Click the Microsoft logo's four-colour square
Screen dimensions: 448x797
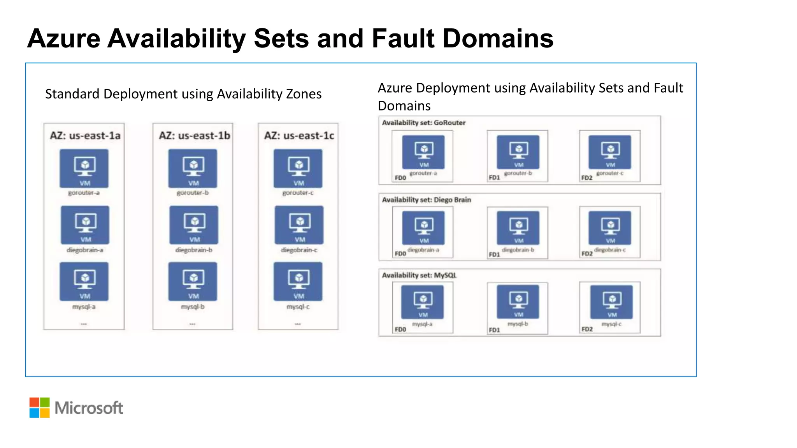39,408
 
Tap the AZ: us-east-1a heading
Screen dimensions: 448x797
85,136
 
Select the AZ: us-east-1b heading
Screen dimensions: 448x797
194,136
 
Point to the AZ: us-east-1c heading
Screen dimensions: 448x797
299,136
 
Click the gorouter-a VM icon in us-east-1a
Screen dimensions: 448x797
84,168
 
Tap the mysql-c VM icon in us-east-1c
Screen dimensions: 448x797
298,281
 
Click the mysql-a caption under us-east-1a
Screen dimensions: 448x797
84,307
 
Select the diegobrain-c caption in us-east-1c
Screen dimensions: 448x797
299,250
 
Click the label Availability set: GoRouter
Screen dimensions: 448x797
423,123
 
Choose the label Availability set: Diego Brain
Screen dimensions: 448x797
426,200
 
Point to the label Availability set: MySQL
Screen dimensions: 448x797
419,275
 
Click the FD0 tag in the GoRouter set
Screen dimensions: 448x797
400,178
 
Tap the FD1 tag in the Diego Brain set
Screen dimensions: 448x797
494,254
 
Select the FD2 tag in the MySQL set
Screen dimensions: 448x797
587,329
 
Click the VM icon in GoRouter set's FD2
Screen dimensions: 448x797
610,152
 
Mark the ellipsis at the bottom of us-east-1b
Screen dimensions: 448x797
193,324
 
